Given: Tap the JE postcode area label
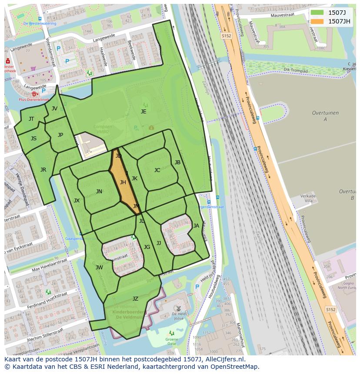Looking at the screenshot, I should point(143,111).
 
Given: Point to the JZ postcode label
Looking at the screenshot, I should point(135,298).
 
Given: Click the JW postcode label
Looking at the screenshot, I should point(99,267).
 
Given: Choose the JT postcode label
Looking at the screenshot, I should point(31,119).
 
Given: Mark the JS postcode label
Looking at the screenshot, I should point(33,139).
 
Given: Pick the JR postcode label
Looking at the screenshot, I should point(43,169).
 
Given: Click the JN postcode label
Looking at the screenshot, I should point(99,191).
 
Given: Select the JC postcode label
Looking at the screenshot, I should point(157,170).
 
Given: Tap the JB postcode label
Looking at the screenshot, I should point(177,162).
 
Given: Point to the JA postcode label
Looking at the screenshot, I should point(196,225).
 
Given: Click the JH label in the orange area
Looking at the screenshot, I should point(123,182).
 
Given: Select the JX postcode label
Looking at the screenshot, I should point(77,200).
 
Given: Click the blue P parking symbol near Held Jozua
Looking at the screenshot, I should point(197,287).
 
